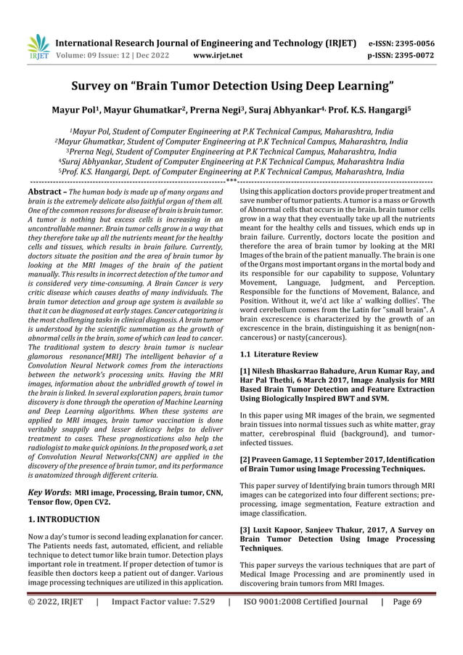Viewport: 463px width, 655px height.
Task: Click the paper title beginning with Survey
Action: pos(231,88)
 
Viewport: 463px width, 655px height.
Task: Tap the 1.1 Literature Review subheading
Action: pos(279,354)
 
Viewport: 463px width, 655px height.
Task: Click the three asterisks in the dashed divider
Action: pos(231,181)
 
